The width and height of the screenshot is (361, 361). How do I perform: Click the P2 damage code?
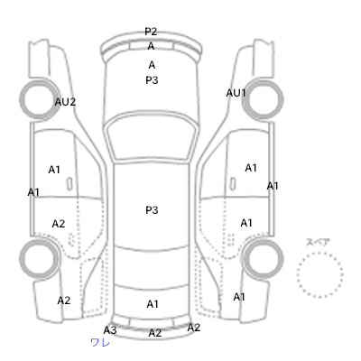[x=151, y=32]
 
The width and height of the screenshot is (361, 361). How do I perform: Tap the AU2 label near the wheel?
[x=65, y=102]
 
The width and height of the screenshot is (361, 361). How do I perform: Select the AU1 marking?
[x=236, y=93]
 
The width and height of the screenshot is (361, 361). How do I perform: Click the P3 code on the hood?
[x=152, y=80]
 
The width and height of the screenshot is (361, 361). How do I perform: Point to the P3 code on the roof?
[x=152, y=210]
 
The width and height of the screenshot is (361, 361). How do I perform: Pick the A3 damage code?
[x=110, y=330]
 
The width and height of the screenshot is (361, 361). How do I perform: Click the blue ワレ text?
[x=100, y=342]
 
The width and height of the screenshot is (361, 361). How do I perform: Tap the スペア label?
[x=318, y=242]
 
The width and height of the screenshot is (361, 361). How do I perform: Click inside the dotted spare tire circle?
[x=319, y=274]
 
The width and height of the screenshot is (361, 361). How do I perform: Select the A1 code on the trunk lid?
[x=153, y=304]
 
